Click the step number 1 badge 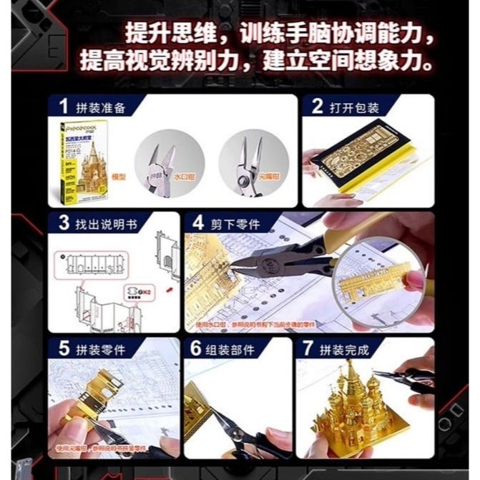tap(64, 107)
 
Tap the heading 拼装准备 tap(101, 108)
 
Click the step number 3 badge tap(64, 223)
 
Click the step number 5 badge tap(64, 350)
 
